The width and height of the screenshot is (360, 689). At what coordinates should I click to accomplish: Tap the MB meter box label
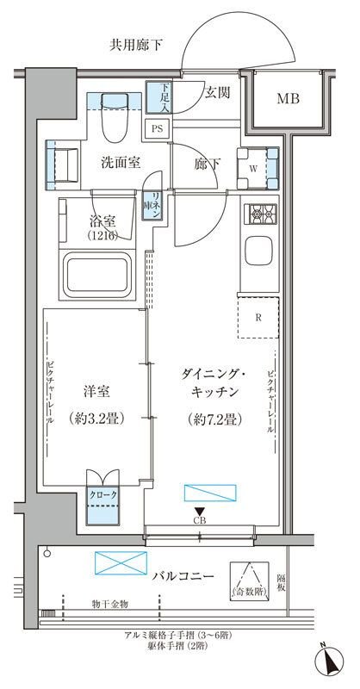289,98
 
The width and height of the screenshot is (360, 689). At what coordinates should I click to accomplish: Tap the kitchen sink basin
260,252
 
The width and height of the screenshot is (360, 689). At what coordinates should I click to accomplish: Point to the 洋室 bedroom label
97,389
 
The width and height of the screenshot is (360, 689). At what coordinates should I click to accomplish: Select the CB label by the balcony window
199,521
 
